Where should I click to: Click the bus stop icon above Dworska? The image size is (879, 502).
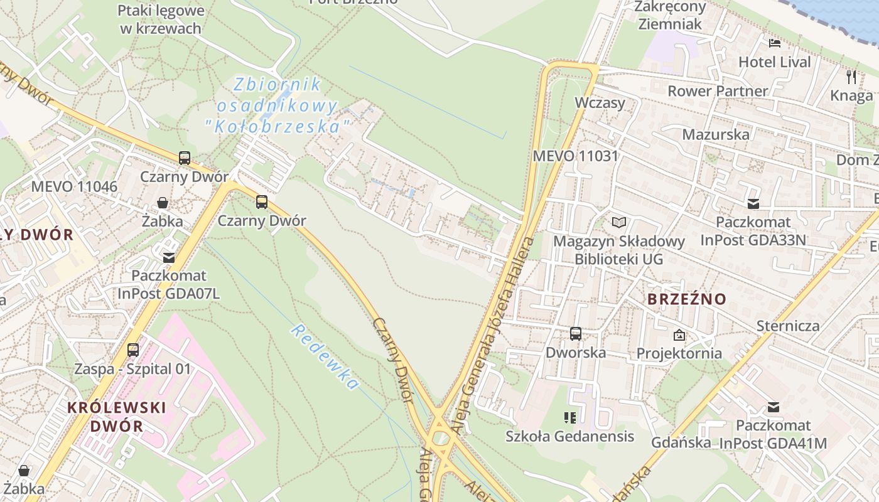point(576,334)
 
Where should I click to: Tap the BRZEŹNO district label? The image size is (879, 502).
point(686,299)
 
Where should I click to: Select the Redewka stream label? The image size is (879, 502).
point(325,357)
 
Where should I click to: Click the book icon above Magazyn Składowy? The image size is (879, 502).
point(619,222)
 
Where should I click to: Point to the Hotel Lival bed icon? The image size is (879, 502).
point(775,43)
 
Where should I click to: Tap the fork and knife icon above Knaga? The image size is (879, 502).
point(851,77)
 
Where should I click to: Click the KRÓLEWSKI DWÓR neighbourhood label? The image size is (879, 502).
point(117,417)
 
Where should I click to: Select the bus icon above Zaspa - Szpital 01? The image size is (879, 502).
point(133,350)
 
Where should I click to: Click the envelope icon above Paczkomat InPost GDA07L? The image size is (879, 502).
point(169,257)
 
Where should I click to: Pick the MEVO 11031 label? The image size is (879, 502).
point(575,156)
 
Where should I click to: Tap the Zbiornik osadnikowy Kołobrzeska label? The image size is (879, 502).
point(276,105)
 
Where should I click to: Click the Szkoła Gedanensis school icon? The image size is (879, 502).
point(570,417)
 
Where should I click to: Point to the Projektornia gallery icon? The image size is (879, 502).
point(679,335)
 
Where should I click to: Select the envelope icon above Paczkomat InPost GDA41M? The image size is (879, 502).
point(774,407)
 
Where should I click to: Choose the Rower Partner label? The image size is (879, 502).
point(717,91)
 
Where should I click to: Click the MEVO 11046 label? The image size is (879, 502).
point(74,186)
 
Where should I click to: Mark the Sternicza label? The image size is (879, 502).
point(788,326)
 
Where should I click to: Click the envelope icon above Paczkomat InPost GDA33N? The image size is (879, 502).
point(753,203)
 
